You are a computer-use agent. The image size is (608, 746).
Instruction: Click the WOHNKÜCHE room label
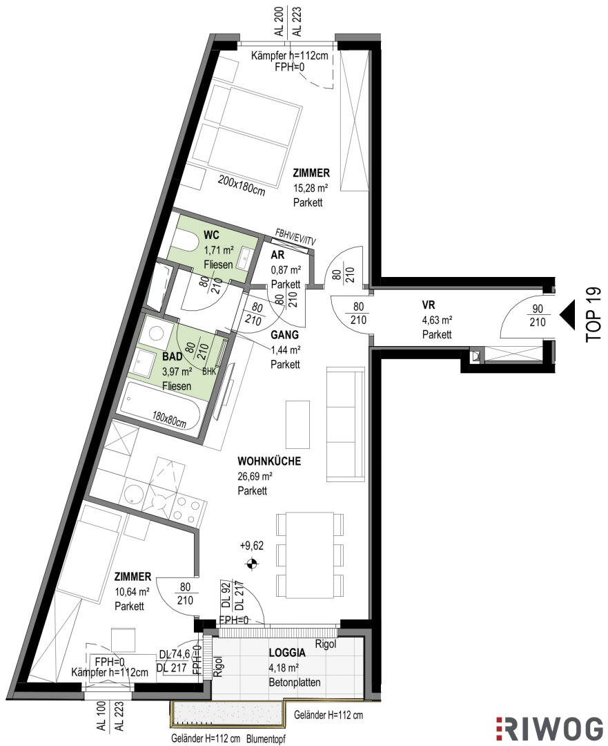(269, 461)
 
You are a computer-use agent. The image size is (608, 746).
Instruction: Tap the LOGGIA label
(287, 653)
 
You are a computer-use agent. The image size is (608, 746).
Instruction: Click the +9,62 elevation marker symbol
(252, 564)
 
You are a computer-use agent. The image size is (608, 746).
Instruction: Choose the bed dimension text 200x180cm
(241, 186)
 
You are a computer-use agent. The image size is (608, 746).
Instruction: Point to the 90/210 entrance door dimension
(538, 315)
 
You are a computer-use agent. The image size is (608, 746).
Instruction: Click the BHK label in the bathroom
(209, 371)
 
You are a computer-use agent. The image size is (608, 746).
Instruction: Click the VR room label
(429, 305)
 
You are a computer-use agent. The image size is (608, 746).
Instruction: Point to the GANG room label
(285, 335)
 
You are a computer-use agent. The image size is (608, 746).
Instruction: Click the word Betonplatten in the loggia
(294, 682)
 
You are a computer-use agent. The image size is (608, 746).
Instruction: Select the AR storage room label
(277, 255)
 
